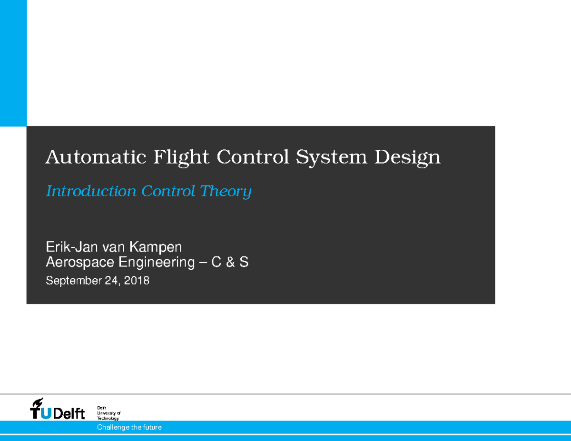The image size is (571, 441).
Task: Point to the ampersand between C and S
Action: point(231,262)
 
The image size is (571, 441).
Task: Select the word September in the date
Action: point(72,281)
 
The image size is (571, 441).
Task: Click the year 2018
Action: point(137,281)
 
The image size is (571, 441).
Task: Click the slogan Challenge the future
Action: point(129,427)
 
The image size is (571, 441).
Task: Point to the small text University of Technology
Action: point(108,413)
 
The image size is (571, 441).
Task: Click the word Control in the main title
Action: point(253,157)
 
